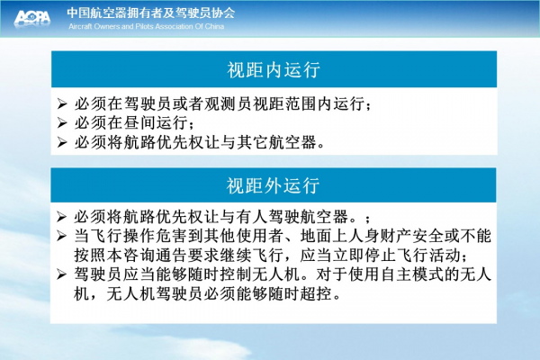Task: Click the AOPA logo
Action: (32, 18)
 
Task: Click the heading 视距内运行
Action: (274, 69)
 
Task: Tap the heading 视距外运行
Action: (273, 185)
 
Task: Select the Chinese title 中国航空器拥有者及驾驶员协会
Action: (151, 13)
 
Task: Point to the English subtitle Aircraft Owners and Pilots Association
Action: (130, 26)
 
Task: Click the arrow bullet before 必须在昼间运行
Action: (62, 122)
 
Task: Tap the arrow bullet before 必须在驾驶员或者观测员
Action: (62, 103)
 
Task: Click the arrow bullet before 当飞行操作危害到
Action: (61, 236)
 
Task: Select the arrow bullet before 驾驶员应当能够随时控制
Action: (61, 274)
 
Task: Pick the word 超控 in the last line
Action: (316, 294)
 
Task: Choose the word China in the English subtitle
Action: (214, 26)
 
